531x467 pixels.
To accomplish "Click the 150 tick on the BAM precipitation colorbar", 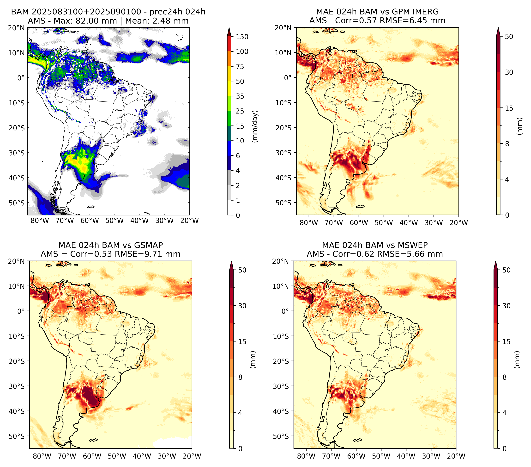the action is [242, 37].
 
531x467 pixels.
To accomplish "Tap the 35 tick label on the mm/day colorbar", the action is [240, 96].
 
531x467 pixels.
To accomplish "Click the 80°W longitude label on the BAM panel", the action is [40, 221].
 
